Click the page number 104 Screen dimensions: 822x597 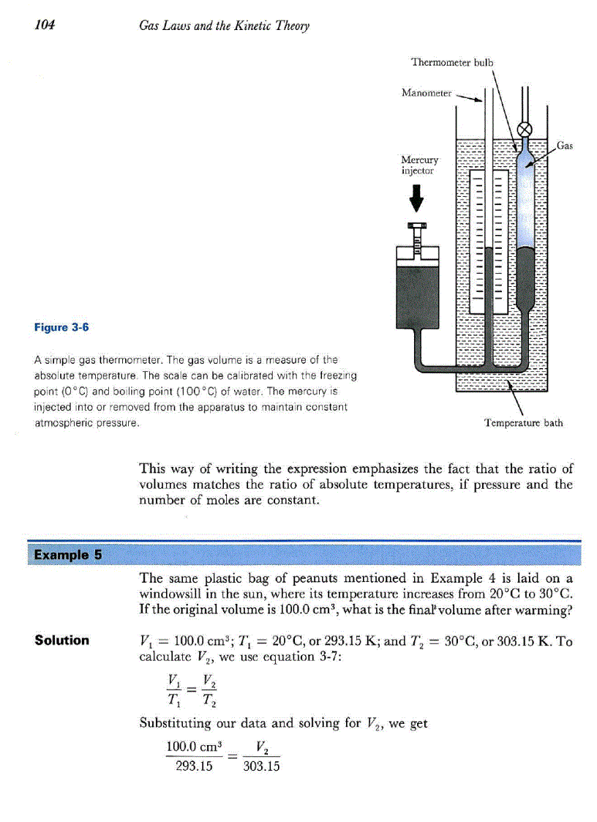coord(45,26)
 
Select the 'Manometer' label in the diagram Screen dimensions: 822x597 coord(427,93)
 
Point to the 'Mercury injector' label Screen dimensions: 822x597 coord(420,165)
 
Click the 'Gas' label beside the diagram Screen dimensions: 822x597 coord(565,146)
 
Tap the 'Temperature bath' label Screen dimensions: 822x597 coord(524,422)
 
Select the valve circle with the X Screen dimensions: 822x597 coord(525,130)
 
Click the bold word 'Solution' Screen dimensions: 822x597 coord(62,640)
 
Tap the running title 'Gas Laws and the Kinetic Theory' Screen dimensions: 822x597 coord(225,26)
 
